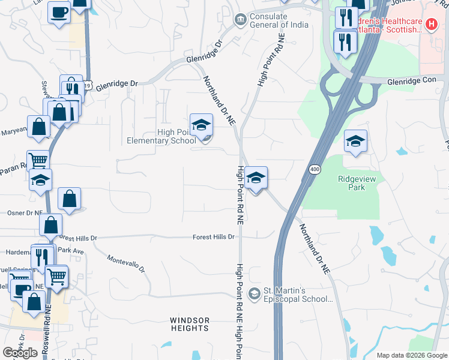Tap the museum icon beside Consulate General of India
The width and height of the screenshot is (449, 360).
tap(240, 20)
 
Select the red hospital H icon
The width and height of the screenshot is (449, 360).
tap(430, 24)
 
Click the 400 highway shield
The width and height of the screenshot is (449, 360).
tap(315, 170)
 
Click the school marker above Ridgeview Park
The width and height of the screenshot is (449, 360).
tap(355, 142)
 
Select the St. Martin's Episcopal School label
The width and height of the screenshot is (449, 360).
tap(298, 294)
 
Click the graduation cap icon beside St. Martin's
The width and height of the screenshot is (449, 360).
tap(255, 293)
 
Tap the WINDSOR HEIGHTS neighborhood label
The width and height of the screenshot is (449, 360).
tap(190, 324)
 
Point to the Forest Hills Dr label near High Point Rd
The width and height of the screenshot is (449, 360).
tap(212, 237)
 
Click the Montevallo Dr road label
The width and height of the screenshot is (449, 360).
tap(127, 263)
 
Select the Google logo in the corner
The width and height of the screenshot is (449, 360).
tap(20, 353)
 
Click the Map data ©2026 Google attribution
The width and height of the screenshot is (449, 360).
tap(411, 355)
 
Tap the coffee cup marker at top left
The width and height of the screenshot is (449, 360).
tap(59, 13)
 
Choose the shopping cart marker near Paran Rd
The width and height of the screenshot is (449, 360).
tap(38, 161)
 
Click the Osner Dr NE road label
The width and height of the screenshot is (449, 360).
tap(24, 212)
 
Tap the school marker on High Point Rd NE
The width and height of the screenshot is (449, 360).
tap(256, 178)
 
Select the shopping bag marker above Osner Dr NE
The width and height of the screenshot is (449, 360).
tap(69, 199)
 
